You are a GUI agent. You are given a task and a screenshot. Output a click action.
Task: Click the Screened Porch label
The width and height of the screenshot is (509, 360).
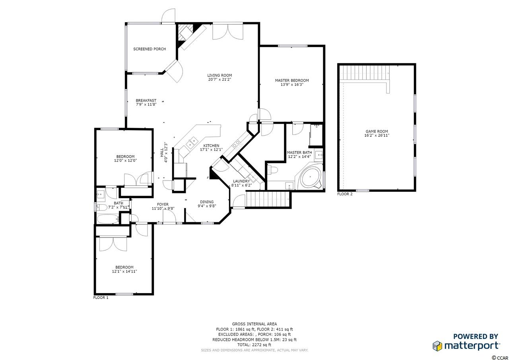coord(150,49)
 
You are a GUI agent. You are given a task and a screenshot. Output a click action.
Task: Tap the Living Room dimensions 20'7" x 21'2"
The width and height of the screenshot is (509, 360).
coord(220,80)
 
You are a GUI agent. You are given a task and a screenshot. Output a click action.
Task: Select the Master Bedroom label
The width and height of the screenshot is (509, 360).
coord(292,80)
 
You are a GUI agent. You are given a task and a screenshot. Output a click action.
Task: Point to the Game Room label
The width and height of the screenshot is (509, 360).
coord(377,131)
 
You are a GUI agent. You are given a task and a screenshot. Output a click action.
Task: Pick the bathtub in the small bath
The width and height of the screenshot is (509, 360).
coord(108,219)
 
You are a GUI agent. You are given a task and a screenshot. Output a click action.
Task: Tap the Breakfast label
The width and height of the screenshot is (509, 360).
coord(146,101)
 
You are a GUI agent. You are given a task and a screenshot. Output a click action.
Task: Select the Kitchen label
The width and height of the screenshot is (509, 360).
coord(211,146)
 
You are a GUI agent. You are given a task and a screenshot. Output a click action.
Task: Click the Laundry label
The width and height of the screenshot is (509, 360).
coord(241,181)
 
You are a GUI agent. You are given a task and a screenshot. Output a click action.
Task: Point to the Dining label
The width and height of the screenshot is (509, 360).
coord(207,202)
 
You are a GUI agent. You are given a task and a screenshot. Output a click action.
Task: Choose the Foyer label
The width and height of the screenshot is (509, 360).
coord(163,204)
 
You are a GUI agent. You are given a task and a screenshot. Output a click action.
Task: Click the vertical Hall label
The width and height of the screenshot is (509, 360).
coord(162,152)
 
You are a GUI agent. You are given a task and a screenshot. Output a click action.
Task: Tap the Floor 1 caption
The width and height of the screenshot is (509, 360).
coord(101,298)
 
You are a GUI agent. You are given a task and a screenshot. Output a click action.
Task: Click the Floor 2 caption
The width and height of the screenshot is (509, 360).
coord(345,194)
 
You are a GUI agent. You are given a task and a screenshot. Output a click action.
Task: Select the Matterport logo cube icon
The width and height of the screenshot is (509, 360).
coord(437,346)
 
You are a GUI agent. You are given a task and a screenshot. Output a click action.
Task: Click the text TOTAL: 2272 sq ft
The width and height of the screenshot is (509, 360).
coord(254,344)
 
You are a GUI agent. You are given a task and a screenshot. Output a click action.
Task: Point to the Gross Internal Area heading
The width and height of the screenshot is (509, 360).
coord(254,324)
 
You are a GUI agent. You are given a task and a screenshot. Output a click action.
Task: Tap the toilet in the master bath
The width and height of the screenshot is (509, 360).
coord(272,170)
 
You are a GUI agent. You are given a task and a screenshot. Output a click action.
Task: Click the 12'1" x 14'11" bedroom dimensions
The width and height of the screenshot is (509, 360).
coord(124,271)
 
